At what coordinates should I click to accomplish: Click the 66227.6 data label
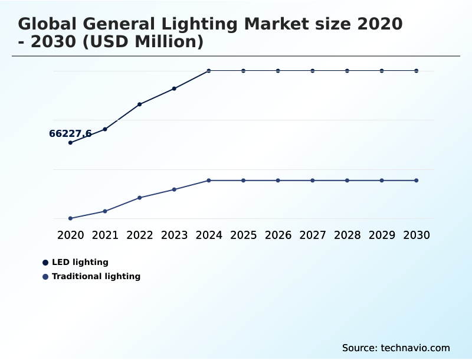click(70, 134)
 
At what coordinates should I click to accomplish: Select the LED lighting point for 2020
click(70, 142)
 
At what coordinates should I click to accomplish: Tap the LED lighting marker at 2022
click(139, 104)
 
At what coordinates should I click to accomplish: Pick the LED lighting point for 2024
click(209, 71)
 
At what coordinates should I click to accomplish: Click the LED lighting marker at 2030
click(416, 71)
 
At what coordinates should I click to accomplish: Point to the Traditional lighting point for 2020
click(70, 218)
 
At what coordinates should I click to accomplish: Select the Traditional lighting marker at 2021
click(105, 211)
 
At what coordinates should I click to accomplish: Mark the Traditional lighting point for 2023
click(174, 189)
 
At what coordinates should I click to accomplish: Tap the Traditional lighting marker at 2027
click(313, 180)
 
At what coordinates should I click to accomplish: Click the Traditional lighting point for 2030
click(416, 180)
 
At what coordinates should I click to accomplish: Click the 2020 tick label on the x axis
click(70, 235)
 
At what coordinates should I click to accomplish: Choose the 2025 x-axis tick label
click(243, 235)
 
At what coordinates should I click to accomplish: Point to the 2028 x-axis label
click(347, 235)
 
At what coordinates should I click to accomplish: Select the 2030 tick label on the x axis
click(416, 235)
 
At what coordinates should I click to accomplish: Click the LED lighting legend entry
click(80, 262)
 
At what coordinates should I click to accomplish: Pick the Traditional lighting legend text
click(96, 276)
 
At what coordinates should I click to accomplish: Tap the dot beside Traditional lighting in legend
click(45, 276)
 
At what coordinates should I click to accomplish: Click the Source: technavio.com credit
click(396, 348)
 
